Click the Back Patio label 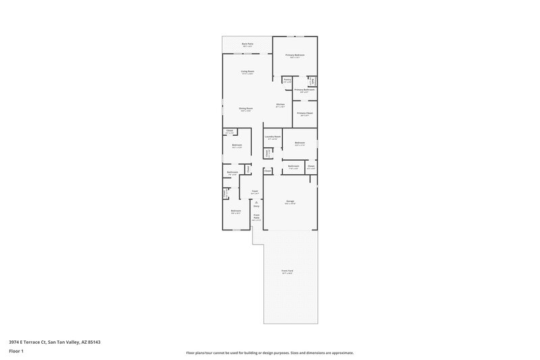[247, 44]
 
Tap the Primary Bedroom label [294, 55]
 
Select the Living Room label [247, 72]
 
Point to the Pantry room [287, 80]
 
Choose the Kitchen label [280, 105]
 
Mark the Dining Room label [245, 109]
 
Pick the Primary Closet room [304, 113]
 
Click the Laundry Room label [273, 137]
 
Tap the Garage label [290, 201]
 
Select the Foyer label [255, 192]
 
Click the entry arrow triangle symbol [256, 201]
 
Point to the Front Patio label [256, 217]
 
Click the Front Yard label [287, 271]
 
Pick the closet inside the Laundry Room [267, 153]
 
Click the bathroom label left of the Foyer [232, 173]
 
